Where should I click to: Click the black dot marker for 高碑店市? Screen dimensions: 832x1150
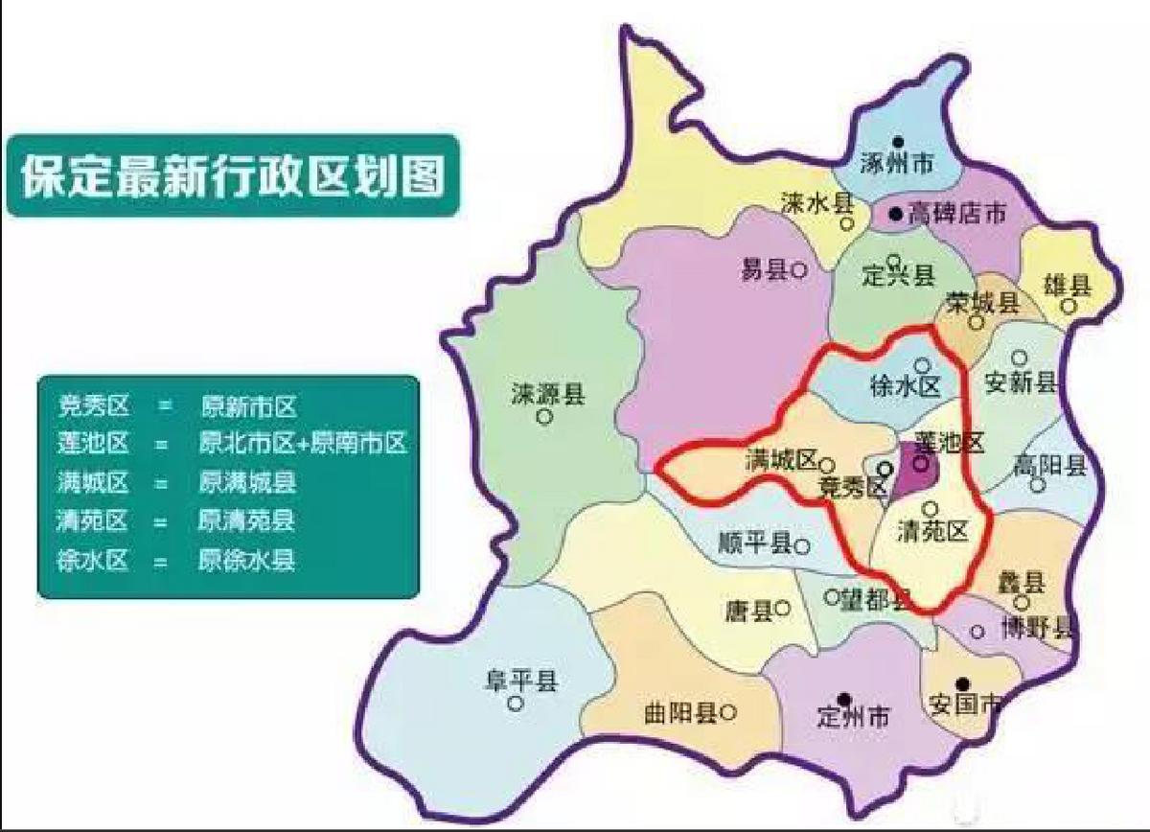[x=894, y=215]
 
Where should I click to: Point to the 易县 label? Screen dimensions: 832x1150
[x=764, y=270]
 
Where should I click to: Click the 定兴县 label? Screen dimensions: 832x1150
[x=898, y=277]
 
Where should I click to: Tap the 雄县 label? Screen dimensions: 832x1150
[x=1068, y=285]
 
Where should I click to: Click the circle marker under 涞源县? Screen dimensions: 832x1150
[x=544, y=417]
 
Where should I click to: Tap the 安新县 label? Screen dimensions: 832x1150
[x=1021, y=382]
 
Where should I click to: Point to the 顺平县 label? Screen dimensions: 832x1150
[x=754, y=544]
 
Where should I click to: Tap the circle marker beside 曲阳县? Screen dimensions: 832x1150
[x=728, y=712]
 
